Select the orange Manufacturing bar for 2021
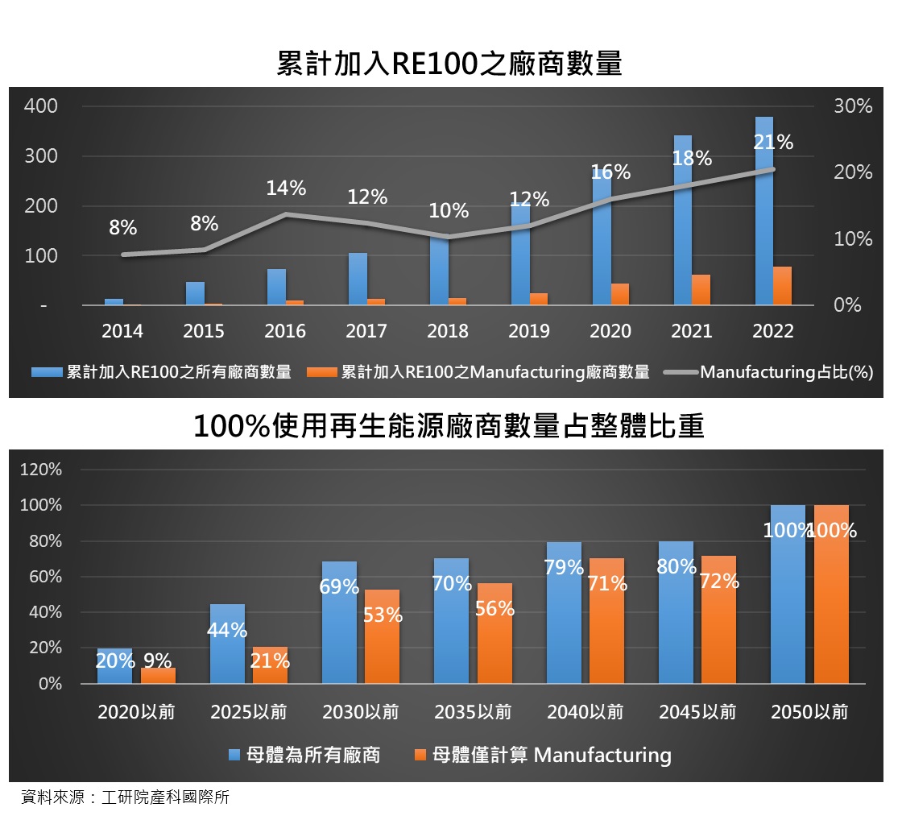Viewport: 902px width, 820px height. pyautogui.click(x=701, y=290)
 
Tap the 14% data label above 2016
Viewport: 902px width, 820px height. pyautogui.click(x=286, y=188)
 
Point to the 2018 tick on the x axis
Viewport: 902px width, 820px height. pyautogui.click(x=448, y=331)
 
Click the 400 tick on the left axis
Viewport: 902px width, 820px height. pyautogui.click(x=41, y=106)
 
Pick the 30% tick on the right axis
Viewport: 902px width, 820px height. pyautogui.click(x=853, y=106)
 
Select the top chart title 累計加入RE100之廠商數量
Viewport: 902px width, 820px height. pyautogui.click(x=449, y=64)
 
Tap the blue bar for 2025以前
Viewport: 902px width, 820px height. pyautogui.click(x=227, y=644)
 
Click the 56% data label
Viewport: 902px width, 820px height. pyautogui.click(x=494, y=609)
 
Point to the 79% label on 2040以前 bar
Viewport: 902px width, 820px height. pyautogui.click(x=564, y=568)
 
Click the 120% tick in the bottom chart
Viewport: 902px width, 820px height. pyautogui.click(x=41, y=470)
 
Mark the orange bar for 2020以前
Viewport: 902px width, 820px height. pyautogui.click(x=158, y=676)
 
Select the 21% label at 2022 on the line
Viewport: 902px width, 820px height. pyautogui.click(x=773, y=143)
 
